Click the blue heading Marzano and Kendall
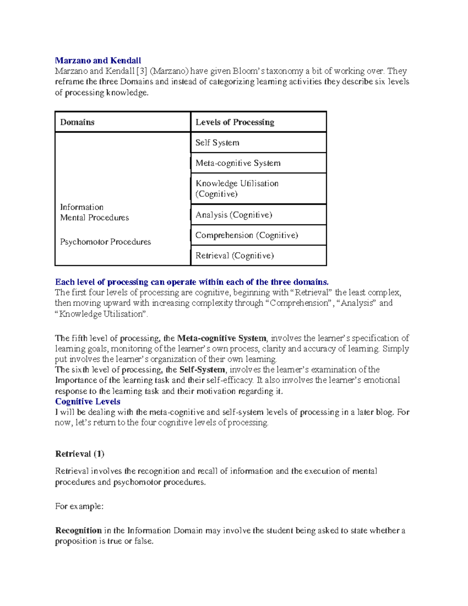click(98, 60)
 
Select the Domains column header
click(77, 122)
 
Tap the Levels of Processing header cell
click(235, 122)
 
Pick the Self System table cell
click(217, 143)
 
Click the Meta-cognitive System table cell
click(238, 163)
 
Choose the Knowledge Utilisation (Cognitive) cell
click(237, 188)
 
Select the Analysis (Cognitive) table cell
click(234, 215)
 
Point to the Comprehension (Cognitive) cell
click(246, 235)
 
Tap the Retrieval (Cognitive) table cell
click(235, 256)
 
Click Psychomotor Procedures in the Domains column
click(105, 242)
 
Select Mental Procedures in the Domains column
click(94, 218)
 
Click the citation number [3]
click(142, 71)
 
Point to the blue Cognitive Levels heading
click(88, 402)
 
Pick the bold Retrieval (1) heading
click(80, 454)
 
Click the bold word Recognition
click(78, 531)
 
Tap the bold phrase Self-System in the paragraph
click(202, 370)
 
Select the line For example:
click(79, 506)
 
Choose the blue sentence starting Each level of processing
click(192, 282)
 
